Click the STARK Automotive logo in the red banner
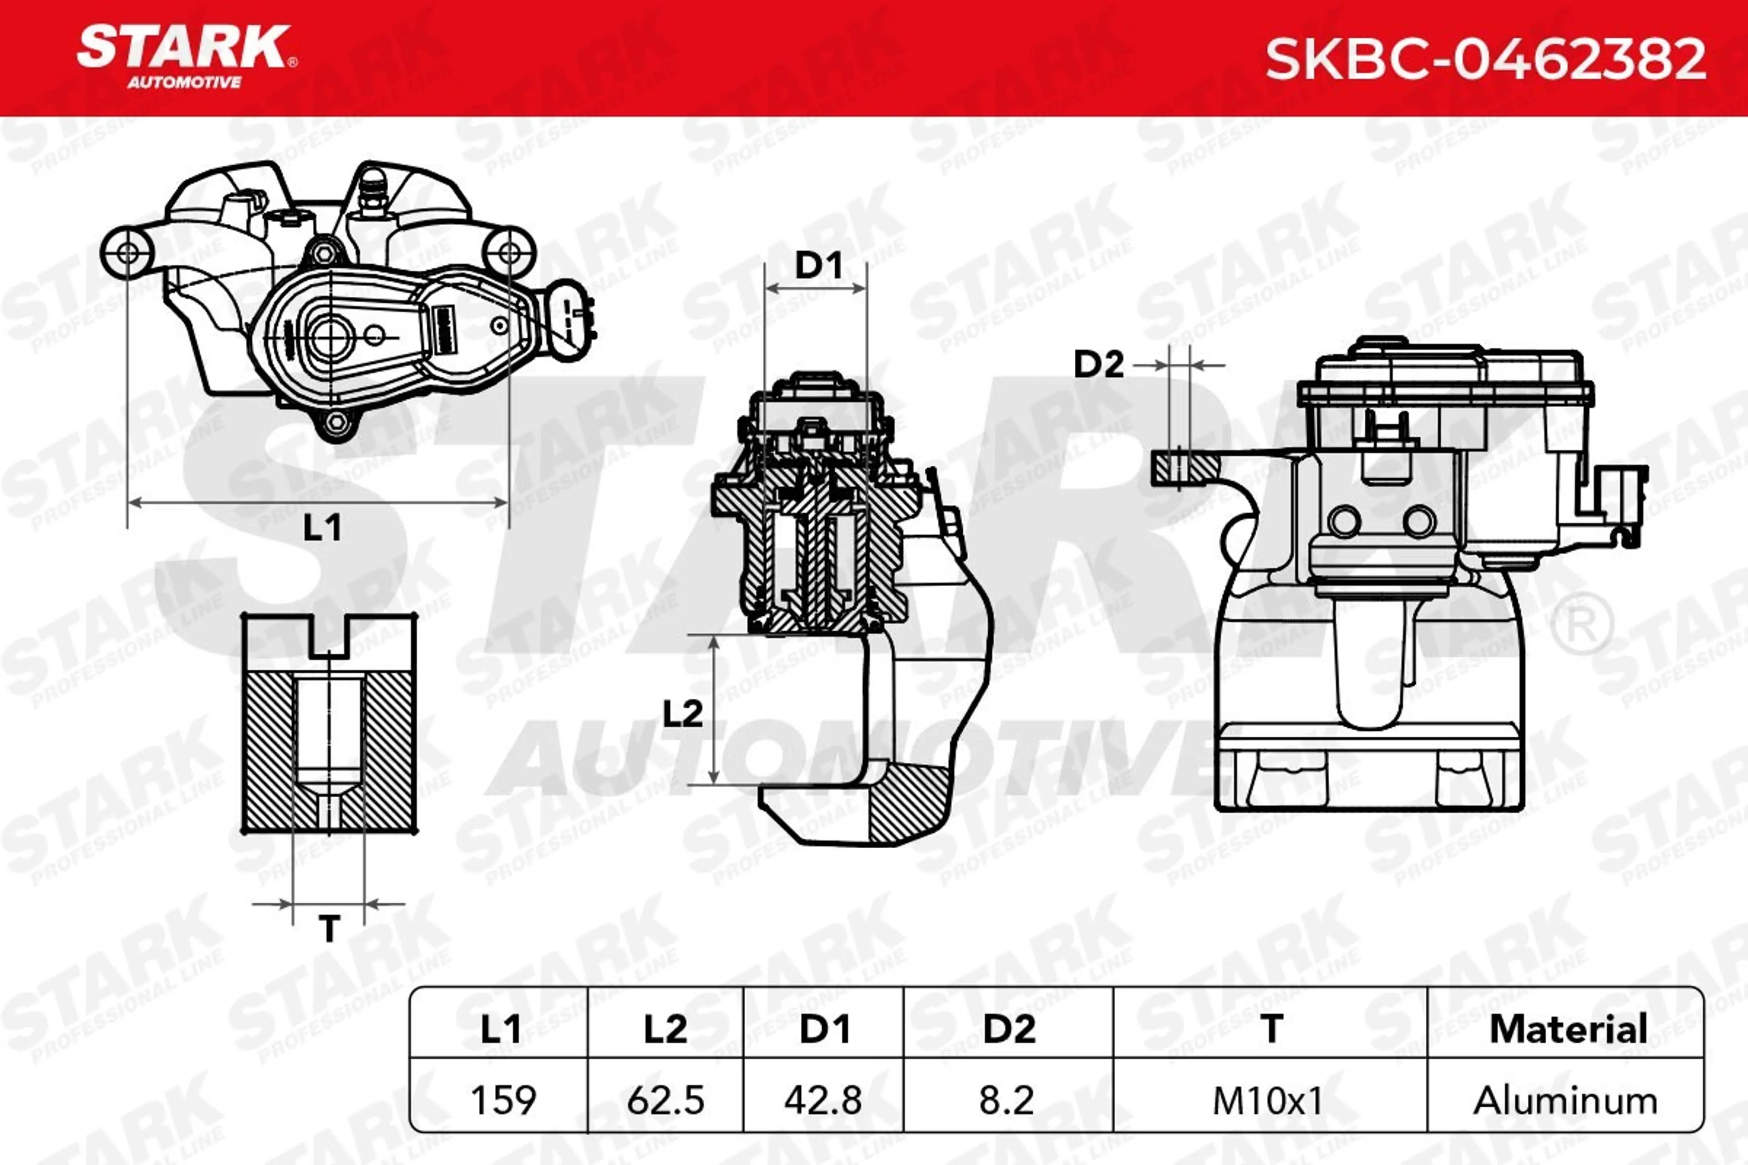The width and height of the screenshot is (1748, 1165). pos(186,56)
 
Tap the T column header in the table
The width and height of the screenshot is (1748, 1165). pos(1271,1029)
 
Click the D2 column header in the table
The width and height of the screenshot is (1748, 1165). pos(1009,1029)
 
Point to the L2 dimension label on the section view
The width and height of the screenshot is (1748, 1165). pos(682,713)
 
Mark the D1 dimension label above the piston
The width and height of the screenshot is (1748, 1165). pos(818,265)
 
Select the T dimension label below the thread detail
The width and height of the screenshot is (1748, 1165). pos(329,929)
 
